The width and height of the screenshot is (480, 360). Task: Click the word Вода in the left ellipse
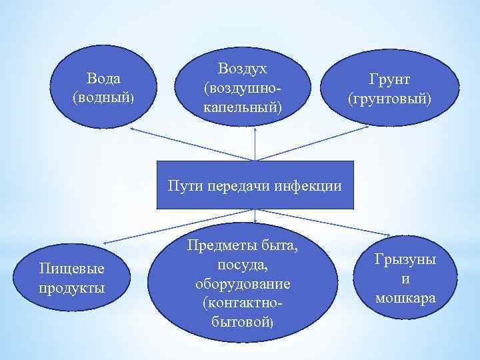click(103, 79)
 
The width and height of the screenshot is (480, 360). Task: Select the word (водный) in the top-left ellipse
click(103, 97)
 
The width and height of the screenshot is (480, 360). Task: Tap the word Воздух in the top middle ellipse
click(242, 69)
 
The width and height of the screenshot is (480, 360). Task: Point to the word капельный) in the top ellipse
click(242, 106)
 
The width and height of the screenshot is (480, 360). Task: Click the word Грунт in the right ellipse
click(390, 80)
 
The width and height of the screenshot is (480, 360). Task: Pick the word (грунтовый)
click(390, 99)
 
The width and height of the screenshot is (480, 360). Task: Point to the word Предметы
click(242, 247)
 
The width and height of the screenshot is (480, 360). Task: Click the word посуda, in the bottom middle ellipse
click(242, 265)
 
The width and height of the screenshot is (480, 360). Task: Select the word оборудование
click(242, 284)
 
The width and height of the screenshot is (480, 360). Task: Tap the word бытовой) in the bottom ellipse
click(242, 321)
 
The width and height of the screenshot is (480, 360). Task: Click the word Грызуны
click(405, 260)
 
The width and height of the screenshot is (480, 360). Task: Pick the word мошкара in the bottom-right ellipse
click(405, 297)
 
